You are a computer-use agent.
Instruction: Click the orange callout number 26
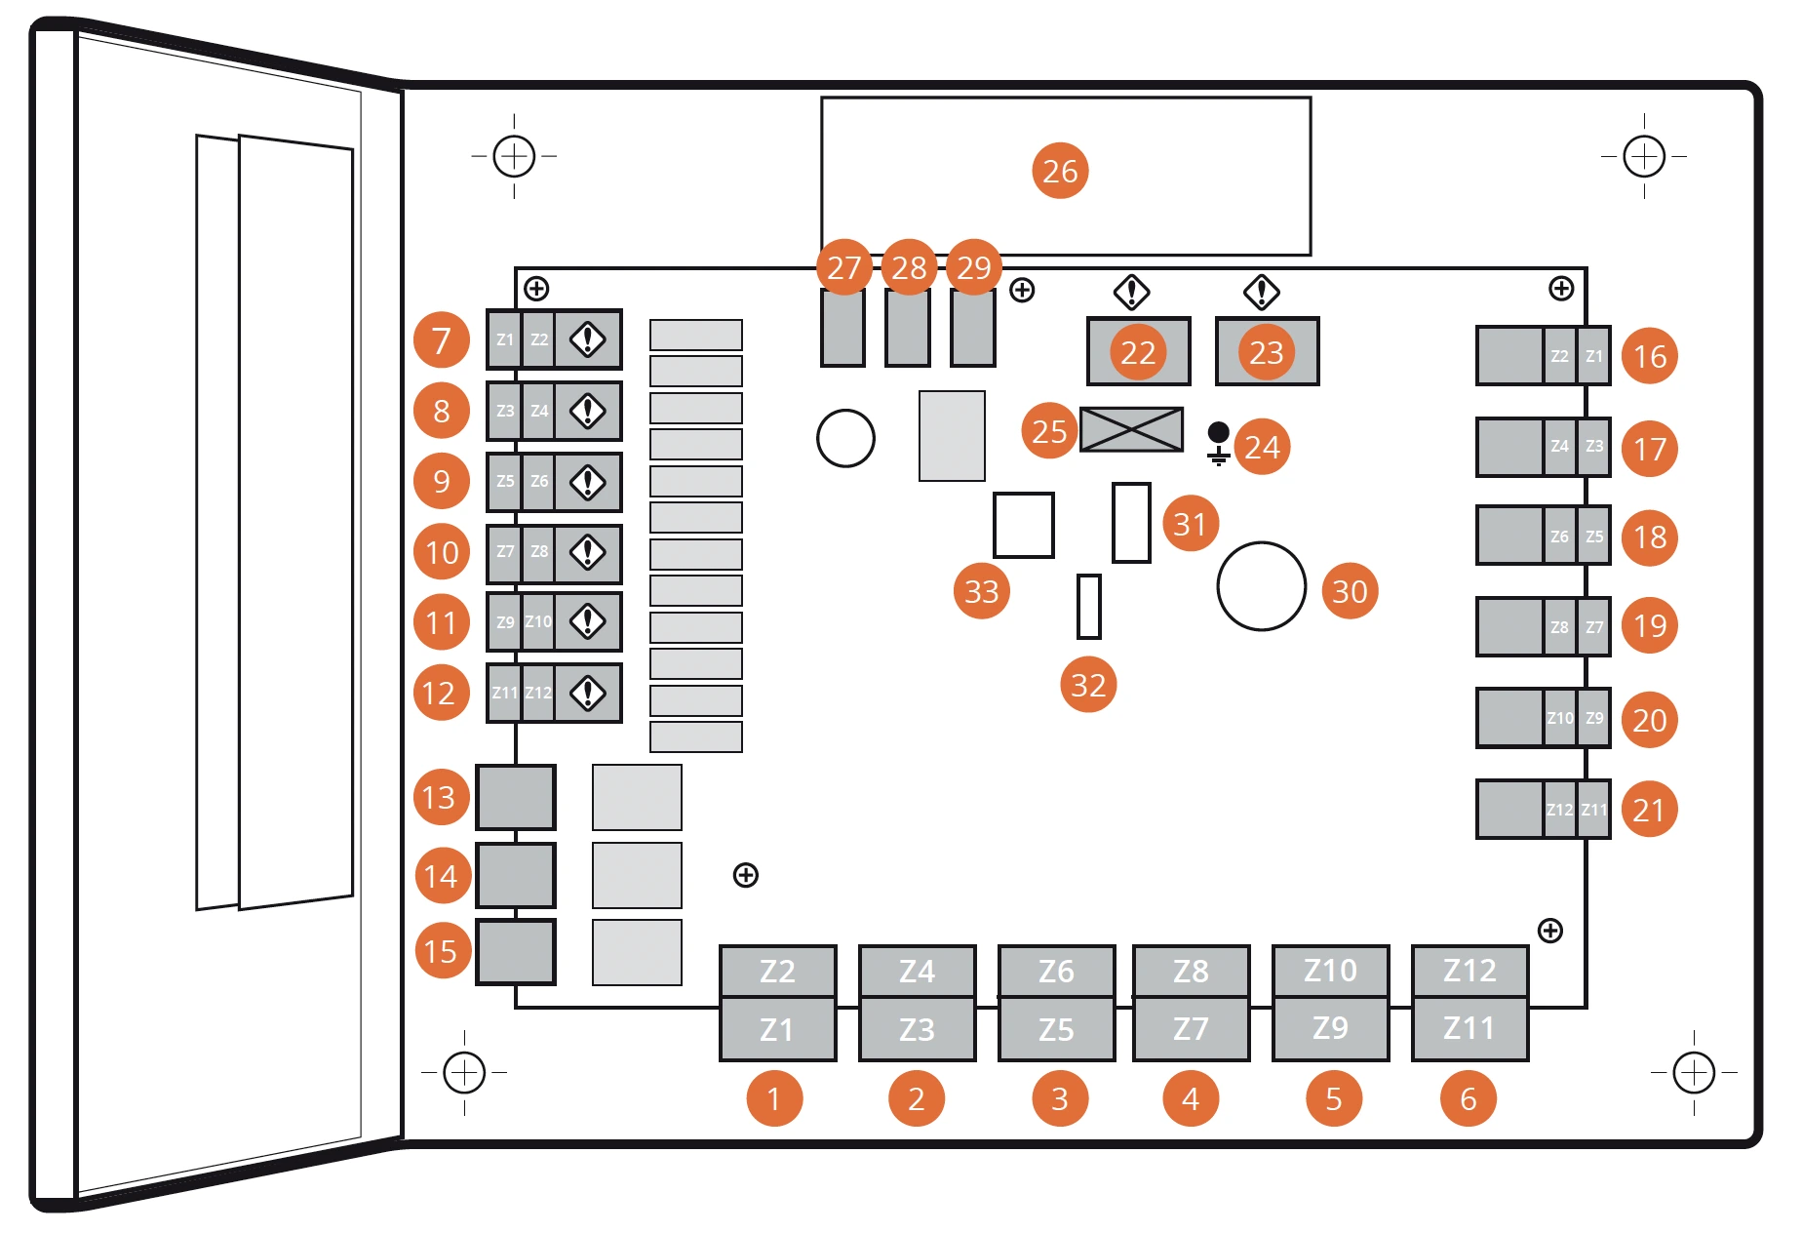1060,171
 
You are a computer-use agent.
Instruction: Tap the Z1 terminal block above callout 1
777,1029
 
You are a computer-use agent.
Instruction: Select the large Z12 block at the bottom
1469,971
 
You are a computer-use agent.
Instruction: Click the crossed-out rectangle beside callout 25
1131,429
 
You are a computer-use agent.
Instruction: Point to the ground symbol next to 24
1218,444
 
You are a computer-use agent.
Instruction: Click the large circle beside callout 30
1261,586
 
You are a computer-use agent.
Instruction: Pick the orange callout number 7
441,340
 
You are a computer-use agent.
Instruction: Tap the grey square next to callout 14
516,875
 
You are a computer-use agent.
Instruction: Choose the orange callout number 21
1649,809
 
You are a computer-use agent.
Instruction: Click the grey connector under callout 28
908,328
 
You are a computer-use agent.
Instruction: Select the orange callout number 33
981,590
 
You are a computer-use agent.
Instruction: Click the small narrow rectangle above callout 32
1088,606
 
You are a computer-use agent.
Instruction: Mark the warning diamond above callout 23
1261,291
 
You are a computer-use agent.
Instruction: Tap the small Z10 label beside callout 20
1559,718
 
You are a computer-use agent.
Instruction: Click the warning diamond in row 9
588,482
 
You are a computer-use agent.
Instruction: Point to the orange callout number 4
1191,1098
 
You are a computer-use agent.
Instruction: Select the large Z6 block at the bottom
1056,971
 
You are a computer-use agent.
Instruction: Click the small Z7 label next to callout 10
505,552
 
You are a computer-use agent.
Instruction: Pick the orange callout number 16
1649,356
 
